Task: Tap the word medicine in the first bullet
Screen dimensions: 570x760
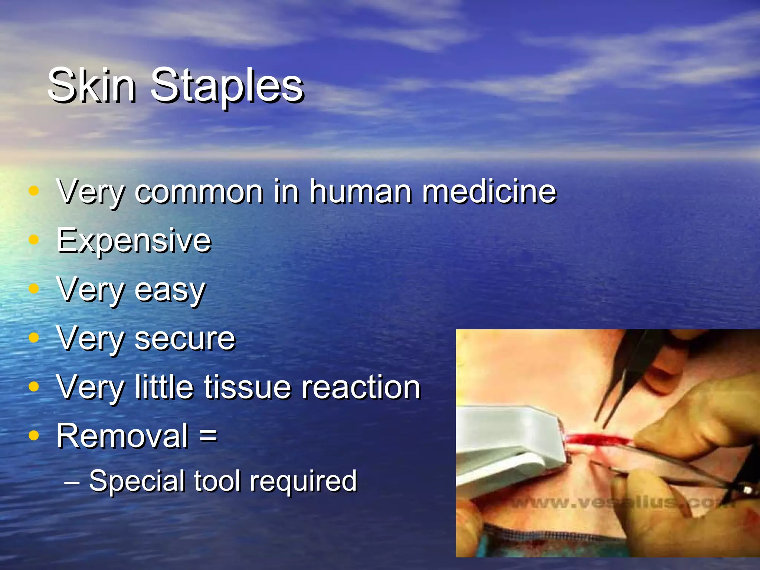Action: (x=489, y=192)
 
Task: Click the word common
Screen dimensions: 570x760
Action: (x=199, y=193)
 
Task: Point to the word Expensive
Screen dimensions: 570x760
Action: (x=134, y=242)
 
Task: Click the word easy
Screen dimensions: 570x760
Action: (x=170, y=291)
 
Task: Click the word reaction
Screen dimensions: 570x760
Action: (x=361, y=387)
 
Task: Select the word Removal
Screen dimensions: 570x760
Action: (x=122, y=436)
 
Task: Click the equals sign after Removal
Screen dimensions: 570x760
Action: (x=208, y=435)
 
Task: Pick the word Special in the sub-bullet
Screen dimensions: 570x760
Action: (x=137, y=481)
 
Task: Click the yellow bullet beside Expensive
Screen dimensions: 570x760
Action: (x=34, y=240)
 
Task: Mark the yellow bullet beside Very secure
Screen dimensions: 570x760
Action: (x=34, y=337)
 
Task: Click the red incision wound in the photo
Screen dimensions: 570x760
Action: (x=597, y=439)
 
